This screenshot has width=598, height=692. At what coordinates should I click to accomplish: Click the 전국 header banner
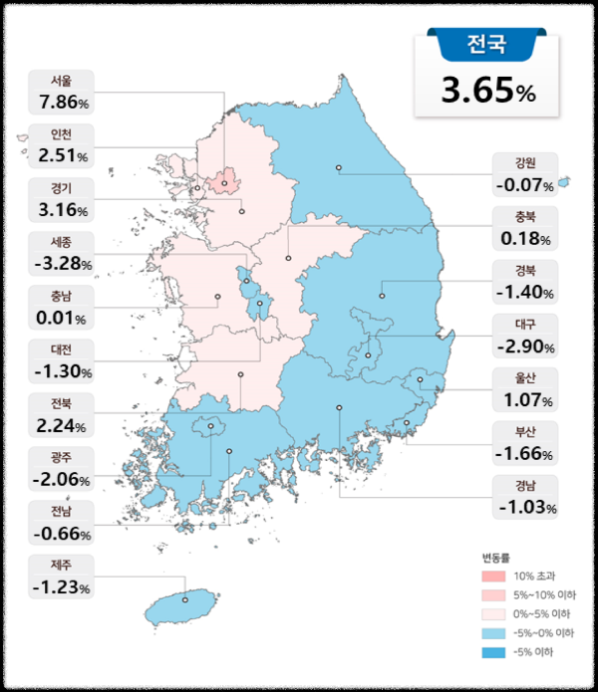point(485,44)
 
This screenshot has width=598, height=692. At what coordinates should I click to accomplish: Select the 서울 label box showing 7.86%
point(62,92)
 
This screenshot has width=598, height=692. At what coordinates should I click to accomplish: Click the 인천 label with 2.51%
point(62,146)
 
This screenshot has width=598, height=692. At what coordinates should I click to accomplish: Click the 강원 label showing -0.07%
point(524,174)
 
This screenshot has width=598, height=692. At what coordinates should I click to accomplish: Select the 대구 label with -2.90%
point(524,337)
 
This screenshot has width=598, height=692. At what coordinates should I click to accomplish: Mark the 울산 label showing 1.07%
point(524,390)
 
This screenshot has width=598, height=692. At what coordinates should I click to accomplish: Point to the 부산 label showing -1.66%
point(524,444)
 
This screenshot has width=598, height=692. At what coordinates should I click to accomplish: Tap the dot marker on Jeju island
point(185,599)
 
